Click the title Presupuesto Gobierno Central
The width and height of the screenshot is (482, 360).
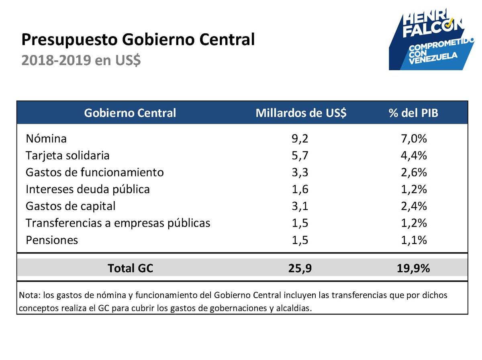138,40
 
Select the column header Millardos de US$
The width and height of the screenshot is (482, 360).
301,113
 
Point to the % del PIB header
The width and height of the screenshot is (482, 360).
413,113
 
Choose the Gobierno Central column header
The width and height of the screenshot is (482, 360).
130,113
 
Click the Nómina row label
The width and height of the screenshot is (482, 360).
46,139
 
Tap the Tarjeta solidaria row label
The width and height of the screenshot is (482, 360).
67,155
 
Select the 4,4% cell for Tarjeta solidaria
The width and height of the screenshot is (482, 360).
413,155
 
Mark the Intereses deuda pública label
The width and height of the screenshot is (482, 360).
88,189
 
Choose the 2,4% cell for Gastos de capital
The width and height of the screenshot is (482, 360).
413,206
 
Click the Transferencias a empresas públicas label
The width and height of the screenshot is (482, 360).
118,223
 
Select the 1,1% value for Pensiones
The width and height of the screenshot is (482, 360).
413,240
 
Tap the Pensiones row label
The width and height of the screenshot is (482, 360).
52,240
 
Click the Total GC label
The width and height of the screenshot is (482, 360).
130,268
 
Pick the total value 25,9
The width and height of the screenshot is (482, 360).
300,268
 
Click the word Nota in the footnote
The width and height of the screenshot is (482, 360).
28,295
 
